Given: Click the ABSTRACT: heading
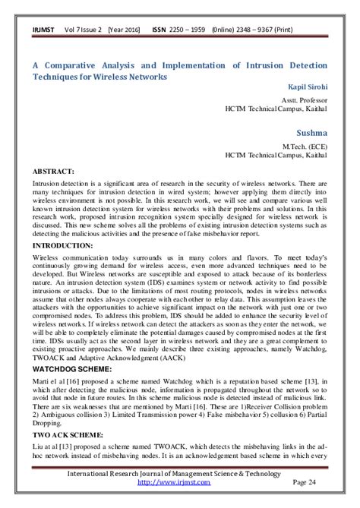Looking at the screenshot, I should (x=55, y=171).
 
